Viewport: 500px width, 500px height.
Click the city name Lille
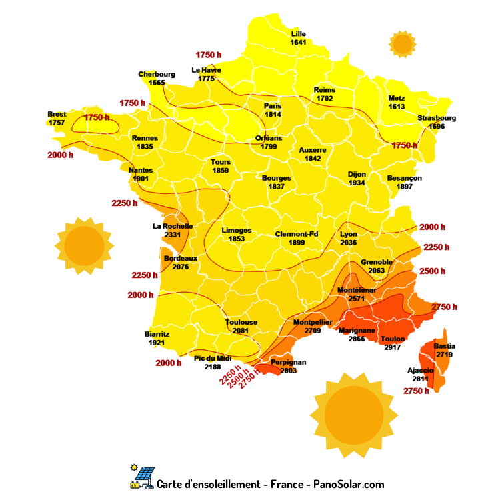click(299, 34)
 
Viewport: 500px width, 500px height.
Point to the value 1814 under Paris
click(273, 115)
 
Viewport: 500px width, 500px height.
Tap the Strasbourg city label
click(437, 118)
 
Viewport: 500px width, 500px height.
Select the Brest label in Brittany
click(57, 114)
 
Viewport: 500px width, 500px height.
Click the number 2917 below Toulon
click(393, 347)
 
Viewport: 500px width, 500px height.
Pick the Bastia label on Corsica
click(445, 346)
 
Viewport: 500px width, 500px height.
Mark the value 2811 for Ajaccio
click(420, 379)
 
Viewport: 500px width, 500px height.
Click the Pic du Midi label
click(213, 359)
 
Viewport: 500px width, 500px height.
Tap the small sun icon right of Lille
click(402, 44)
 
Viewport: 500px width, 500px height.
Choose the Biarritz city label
click(157, 334)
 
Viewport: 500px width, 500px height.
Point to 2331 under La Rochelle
click(173, 235)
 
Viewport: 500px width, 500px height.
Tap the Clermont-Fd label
click(297, 234)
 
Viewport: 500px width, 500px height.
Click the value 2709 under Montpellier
click(313, 331)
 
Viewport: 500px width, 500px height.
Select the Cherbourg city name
click(157, 74)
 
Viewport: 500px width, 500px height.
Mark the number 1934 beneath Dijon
click(357, 183)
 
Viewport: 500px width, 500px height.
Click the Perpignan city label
click(288, 362)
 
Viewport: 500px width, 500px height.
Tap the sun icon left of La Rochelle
click(84, 245)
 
